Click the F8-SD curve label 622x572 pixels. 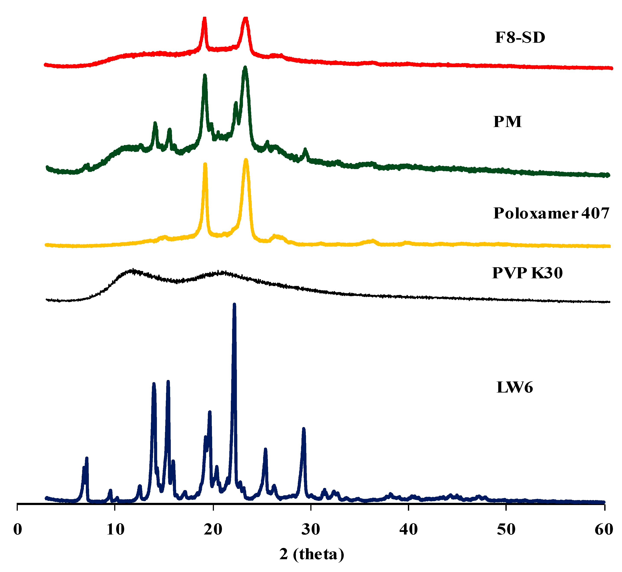[x=520, y=37]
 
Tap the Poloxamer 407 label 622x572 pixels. [x=551, y=213]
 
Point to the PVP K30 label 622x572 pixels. [x=527, y=273]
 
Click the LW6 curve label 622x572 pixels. [x=515, y=388]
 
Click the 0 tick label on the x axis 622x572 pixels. [x=18, y=530]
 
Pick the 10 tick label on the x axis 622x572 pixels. [x=116, y=530]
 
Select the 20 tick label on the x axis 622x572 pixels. [x=213, y=530]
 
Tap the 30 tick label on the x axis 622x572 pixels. [x=311, y=530]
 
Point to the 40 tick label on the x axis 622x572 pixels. [x=409, y=530]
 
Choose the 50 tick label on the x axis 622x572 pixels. [x=506, y=530]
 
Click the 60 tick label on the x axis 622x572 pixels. [x=604, y=530]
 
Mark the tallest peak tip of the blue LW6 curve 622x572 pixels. [x=234, y=305]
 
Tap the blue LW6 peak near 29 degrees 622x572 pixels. [x=304, y=429]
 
